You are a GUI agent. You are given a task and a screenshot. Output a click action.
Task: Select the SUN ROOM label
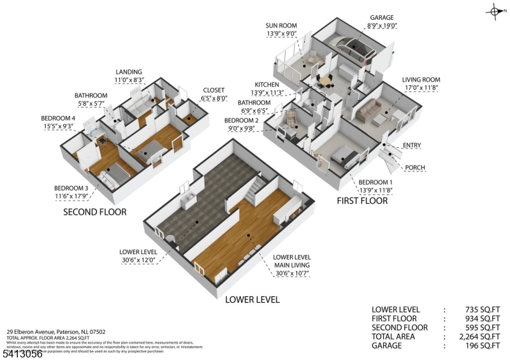point(280,26)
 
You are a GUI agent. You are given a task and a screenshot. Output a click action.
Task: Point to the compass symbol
point(495,11)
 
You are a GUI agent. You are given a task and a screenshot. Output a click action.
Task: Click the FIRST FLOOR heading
point(362,201)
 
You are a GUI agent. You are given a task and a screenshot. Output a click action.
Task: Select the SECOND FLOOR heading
point(94,212)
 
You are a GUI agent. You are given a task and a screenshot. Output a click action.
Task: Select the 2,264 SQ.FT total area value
point(474,336)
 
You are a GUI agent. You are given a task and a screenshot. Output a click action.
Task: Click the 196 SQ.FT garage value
point(477,345)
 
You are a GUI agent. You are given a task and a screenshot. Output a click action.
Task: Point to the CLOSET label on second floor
point(214,90)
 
